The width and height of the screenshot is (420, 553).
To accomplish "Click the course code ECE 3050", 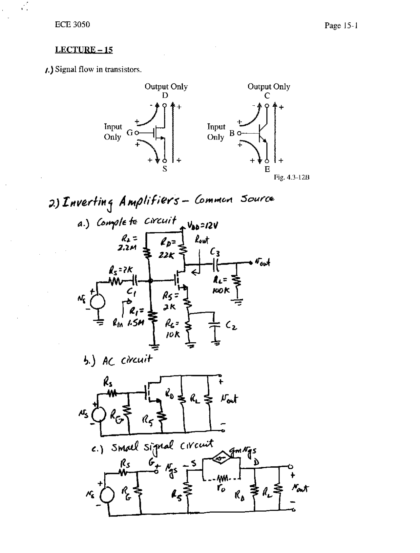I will (73, 25).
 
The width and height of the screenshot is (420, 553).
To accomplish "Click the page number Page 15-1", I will (341, 26).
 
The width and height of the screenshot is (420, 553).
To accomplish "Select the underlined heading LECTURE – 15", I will (84, 50).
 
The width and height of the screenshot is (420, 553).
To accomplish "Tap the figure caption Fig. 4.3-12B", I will (292, 178).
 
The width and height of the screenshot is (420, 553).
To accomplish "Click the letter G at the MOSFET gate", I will (130, 133).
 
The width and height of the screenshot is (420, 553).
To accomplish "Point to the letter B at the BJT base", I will (232, 133).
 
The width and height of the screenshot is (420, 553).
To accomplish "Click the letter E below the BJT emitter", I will (267, 169).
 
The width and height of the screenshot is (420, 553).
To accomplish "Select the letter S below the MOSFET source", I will (165, 169).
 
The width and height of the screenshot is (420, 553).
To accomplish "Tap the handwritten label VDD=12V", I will (202, 225).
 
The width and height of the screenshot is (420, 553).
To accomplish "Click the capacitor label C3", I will (215, 252).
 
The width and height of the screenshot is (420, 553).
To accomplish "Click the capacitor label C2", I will (232, 326).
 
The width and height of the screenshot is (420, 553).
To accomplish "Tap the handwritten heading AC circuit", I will (127, 360).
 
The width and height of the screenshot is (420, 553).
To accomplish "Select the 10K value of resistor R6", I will (173, 335).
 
